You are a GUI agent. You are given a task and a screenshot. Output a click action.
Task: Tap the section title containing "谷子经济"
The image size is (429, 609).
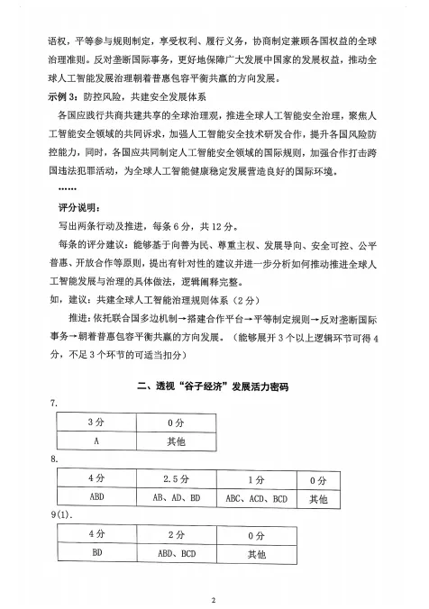click(x=214, y=386)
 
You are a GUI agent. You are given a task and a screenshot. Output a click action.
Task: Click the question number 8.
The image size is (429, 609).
click(x=55, y=459)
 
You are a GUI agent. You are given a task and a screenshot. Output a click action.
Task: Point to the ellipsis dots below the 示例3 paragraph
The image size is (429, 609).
click(x=67, y=187)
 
